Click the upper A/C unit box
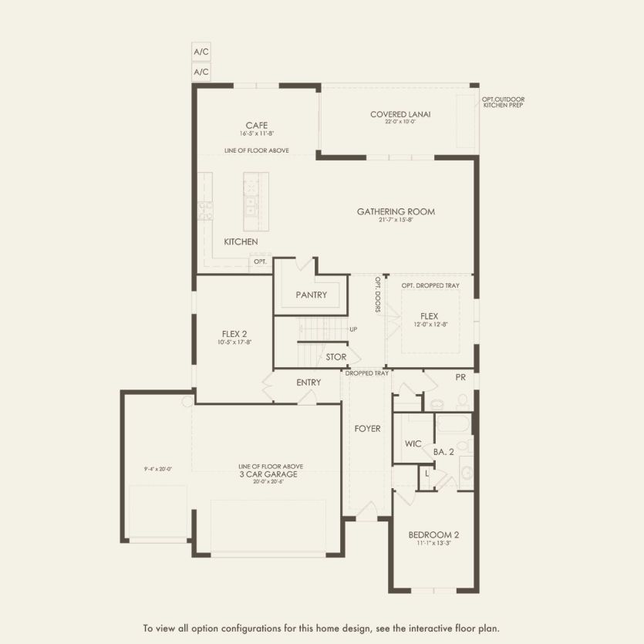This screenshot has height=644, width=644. pos(201,52)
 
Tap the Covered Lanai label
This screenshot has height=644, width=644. pos(400,114)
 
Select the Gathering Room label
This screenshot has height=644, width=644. pos(396,211)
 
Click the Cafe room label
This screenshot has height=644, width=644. pos(257,125)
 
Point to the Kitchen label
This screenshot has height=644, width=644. pos(241,242)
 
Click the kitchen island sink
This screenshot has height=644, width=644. pos(251,205)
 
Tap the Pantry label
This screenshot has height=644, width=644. pos(312,295)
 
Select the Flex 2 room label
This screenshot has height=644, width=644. pos(234,334)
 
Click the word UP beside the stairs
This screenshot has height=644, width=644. pos(352,329)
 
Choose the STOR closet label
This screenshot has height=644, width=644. pos(335,357)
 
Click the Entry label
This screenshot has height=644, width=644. pos(309,383)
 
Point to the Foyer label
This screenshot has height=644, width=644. pos(367,429)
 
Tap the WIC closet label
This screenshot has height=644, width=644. pos(413,444)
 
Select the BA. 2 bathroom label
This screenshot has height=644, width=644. pos(443,452)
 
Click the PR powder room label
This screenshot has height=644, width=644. pos(460,379)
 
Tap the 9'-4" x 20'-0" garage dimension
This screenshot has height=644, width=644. pos(157,468)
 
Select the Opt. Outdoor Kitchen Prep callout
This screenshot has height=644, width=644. pos(503,102)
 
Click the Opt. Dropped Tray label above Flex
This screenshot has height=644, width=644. pos(430,285)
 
